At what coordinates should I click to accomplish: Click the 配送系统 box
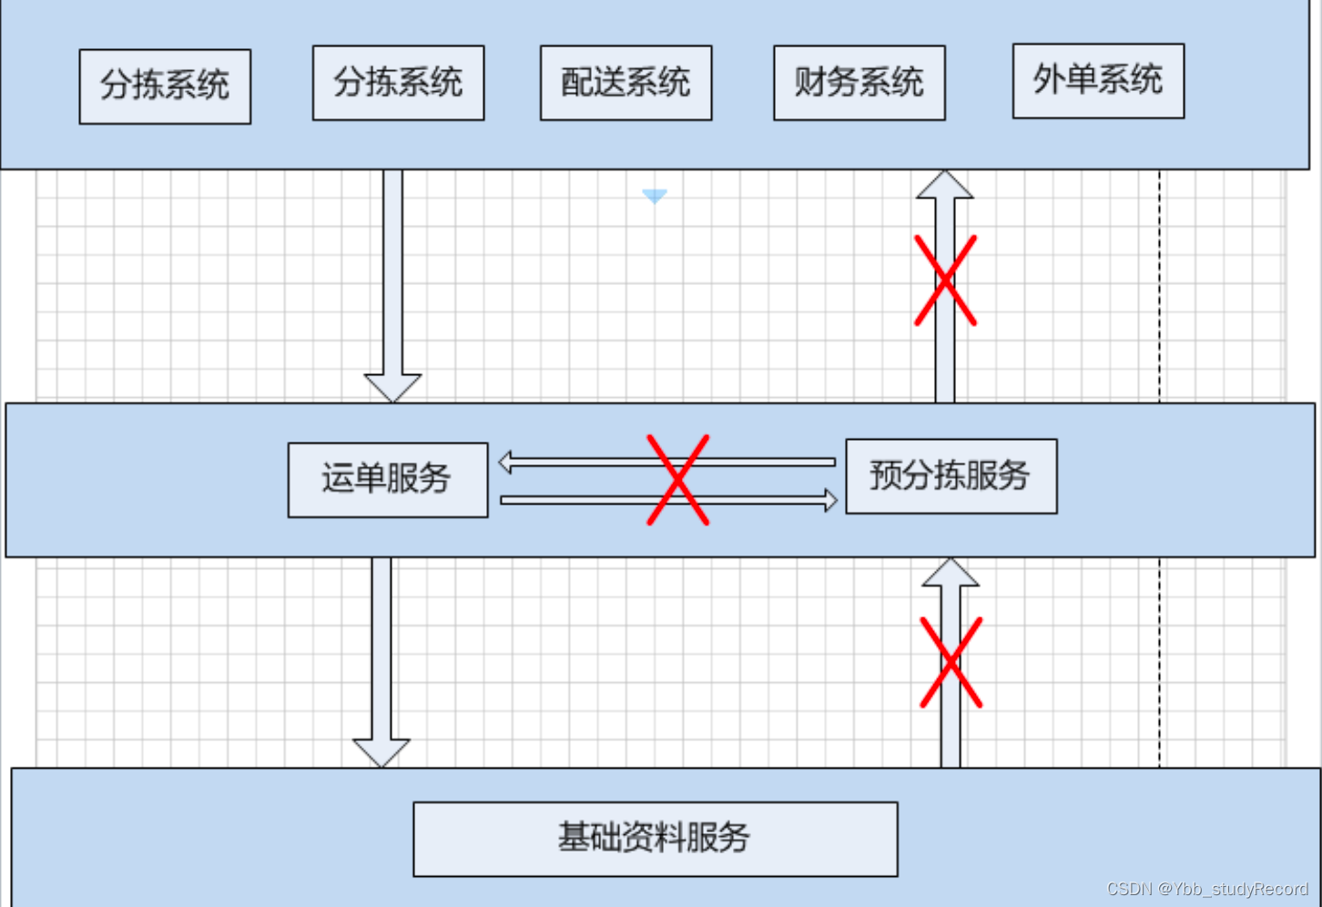tap(625, 83)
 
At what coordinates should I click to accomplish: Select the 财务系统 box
tap(859, 83)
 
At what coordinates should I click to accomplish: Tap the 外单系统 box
tap(1098, 81)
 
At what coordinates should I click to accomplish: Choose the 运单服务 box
tap(388, 480)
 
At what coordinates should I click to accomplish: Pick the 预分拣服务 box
tap(951, 476)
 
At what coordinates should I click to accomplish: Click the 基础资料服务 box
tap(655, 839)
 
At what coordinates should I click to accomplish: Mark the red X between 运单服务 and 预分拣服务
tap(677, 480)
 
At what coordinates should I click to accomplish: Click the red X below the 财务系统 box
tap(945, 280)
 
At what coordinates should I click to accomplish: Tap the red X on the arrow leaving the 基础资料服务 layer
tap(951, 663)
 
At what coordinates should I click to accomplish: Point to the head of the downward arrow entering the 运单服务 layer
tap(392, 387)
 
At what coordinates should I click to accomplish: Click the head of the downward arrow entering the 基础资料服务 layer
tap(381, 753)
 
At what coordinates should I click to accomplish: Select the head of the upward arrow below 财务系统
tap(945, 185)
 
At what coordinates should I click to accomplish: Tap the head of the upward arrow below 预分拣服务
tap(951, 573)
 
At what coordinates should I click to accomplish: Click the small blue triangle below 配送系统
tap(655, 196)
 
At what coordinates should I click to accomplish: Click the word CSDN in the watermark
tap(1129, 889)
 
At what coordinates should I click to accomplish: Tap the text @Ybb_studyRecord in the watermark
tap(1233, 889)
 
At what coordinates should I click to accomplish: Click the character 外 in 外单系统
tap(1049, 80)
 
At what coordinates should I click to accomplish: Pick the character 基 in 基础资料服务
tap(574, 838)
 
